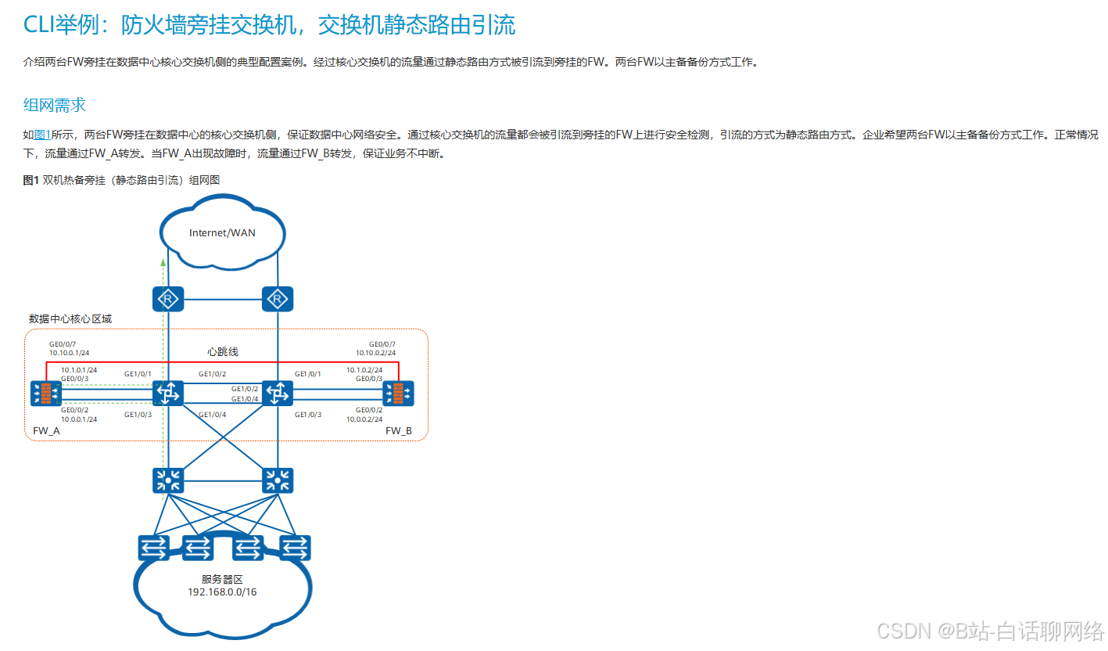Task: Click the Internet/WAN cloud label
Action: [x=222, y=232]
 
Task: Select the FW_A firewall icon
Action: [x=46, y=394]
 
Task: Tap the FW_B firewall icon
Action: [x=398, y=394]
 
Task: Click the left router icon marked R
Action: [x=167, y=298]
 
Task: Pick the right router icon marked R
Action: [x=276, y=298]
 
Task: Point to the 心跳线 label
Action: [x=223, y=352]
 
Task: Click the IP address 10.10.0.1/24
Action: [x=69, y=354]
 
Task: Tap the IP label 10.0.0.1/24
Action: [x=79, y=419]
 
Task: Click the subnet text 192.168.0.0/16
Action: [x=223, y=592]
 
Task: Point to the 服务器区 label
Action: [x=223, y=580]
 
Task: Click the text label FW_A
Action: [x=46, y=431]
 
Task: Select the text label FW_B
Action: [x=398, y=431]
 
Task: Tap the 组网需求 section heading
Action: [x=55, y=105]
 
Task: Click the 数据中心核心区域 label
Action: [x=70, y=319]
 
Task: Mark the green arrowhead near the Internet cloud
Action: [x=163, y=261]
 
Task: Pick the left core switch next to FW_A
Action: [x=167, y=393]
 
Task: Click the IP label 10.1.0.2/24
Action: [x=364, y=369]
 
